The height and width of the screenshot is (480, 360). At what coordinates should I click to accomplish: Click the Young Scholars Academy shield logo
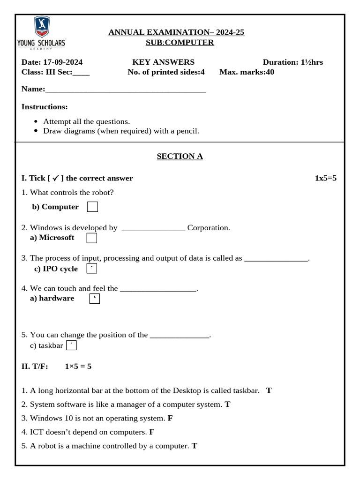tap(42, 27)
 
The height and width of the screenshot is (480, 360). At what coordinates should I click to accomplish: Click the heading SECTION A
tap(180, 156)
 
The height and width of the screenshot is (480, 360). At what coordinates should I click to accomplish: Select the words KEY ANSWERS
tap(163, 62)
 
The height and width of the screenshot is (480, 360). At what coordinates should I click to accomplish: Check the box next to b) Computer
tap(92, 207)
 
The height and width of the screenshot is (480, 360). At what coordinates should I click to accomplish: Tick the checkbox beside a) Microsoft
tap(92, 238)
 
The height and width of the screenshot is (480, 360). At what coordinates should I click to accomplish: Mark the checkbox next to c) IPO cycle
tap(92, 269)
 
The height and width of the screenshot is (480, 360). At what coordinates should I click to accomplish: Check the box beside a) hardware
tap(94, 298)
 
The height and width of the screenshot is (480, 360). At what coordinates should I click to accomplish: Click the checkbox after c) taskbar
tap(71, 345)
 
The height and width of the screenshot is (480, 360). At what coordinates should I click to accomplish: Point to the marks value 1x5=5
tap(325, 178)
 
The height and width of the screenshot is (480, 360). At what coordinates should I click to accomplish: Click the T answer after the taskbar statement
tap(269, 390)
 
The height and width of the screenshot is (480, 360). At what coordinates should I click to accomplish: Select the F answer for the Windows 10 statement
tap(170, 418)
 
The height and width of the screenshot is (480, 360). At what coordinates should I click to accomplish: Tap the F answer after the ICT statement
tap(152, 432)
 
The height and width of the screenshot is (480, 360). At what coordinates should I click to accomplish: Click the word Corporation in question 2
tap(209, 228)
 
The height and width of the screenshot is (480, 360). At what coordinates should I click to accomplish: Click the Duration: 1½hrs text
tap(292, 62)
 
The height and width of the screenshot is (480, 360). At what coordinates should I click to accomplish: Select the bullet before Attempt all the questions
tap(37, 121)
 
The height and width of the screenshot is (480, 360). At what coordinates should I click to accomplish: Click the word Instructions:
tap(45, 107)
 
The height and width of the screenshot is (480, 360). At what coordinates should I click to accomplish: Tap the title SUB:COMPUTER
tap(180, 43)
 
